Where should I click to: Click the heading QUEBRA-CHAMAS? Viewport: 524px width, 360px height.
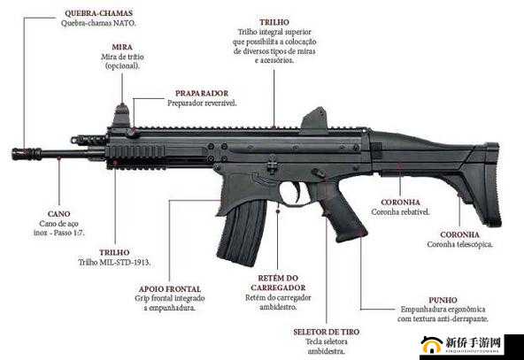[x=98, y=13]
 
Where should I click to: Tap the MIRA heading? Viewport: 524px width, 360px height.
[x=122, y=47]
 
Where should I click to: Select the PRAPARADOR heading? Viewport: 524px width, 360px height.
[x=202, y=94]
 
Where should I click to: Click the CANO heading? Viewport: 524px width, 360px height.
[x=58, y=214]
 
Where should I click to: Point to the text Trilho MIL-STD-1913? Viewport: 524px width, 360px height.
[x=114, y=263]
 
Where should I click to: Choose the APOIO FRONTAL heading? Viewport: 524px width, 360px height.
[x=170, y=289]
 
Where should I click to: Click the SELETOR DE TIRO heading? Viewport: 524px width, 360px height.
[x=326, y=333]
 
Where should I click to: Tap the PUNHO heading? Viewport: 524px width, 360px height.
[x=443, y=300]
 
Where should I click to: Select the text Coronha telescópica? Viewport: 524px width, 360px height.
[x=460, y=244]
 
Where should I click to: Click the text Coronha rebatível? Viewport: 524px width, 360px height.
[x=400, y=212]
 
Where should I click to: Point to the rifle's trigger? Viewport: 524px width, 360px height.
[x=297, y=191]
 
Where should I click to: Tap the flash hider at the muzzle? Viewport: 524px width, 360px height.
[x=27, y=154]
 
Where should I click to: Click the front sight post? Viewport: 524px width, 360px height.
[x=121, y=116]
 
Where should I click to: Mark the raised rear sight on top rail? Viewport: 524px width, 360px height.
[x=314, y=119]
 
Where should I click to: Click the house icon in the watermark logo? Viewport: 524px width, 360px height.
[x=432, y=345]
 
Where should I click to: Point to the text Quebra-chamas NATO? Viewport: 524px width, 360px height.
[x=98, y=23]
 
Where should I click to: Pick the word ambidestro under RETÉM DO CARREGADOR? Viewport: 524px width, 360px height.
[x=278, y=307]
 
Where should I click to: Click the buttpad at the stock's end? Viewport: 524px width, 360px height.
[x=493, y=185]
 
